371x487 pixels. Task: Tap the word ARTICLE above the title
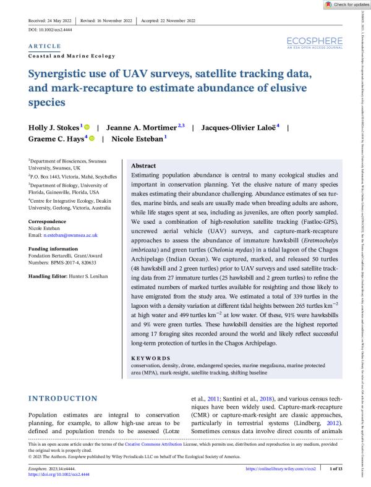coord(45,46)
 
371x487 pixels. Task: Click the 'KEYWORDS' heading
coord(151,358)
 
